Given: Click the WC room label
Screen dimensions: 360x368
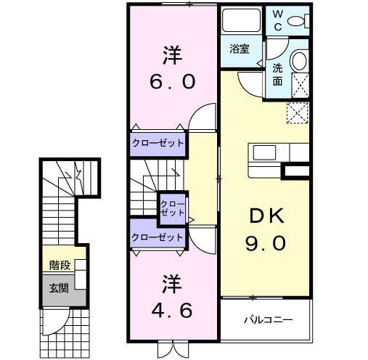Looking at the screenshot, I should click(x=279, y=19).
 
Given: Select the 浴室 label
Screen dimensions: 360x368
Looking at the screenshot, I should click(x=240, y=49).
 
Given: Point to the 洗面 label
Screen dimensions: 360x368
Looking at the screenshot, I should click(x=278, y=74).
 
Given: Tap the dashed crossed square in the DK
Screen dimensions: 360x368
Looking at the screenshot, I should click(x=298, y=114).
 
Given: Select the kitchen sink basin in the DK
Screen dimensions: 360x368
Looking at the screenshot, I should click(x=261, y=153).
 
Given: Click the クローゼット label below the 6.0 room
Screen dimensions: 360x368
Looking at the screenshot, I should click(x=158, y=143).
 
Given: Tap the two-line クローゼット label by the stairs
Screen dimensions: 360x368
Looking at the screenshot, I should click(x=172, y=208).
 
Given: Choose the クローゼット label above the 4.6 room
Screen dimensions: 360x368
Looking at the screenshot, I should click(x=158, y=237).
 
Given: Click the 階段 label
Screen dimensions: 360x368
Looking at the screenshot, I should click(x=60, y=266).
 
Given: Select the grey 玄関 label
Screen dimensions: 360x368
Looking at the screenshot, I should click(x=60, y=288).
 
